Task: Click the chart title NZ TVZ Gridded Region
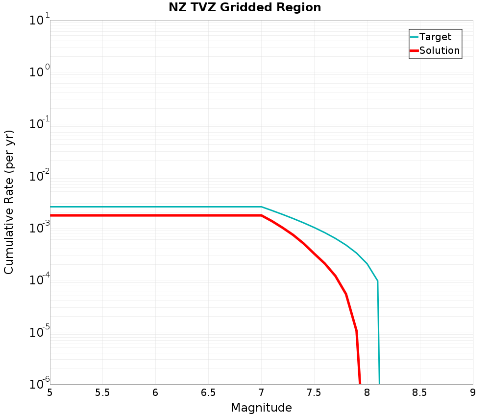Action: click(x=245, y=8)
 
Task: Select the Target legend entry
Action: click(x=435, y=37)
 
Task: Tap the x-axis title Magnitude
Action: click(x=261, y=408)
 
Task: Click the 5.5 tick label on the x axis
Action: click(x=102, y=393)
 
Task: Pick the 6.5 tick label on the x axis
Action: click(x=208, y=393)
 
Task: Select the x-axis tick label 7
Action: click(x=261, y=393)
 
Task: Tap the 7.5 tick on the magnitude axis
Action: click(x=314, y=393)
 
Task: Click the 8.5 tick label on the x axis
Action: click(x=420, y=393)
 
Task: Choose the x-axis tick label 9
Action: click(x=472, y=393)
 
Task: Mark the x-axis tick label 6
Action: click(x=155, y=393)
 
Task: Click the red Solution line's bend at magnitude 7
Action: click(x=261, y=215)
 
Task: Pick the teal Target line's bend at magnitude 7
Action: click(x=261, y=207)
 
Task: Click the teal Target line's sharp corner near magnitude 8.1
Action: click(x=377, y=281)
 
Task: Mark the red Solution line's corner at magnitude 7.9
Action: click(x=356, y=331)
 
